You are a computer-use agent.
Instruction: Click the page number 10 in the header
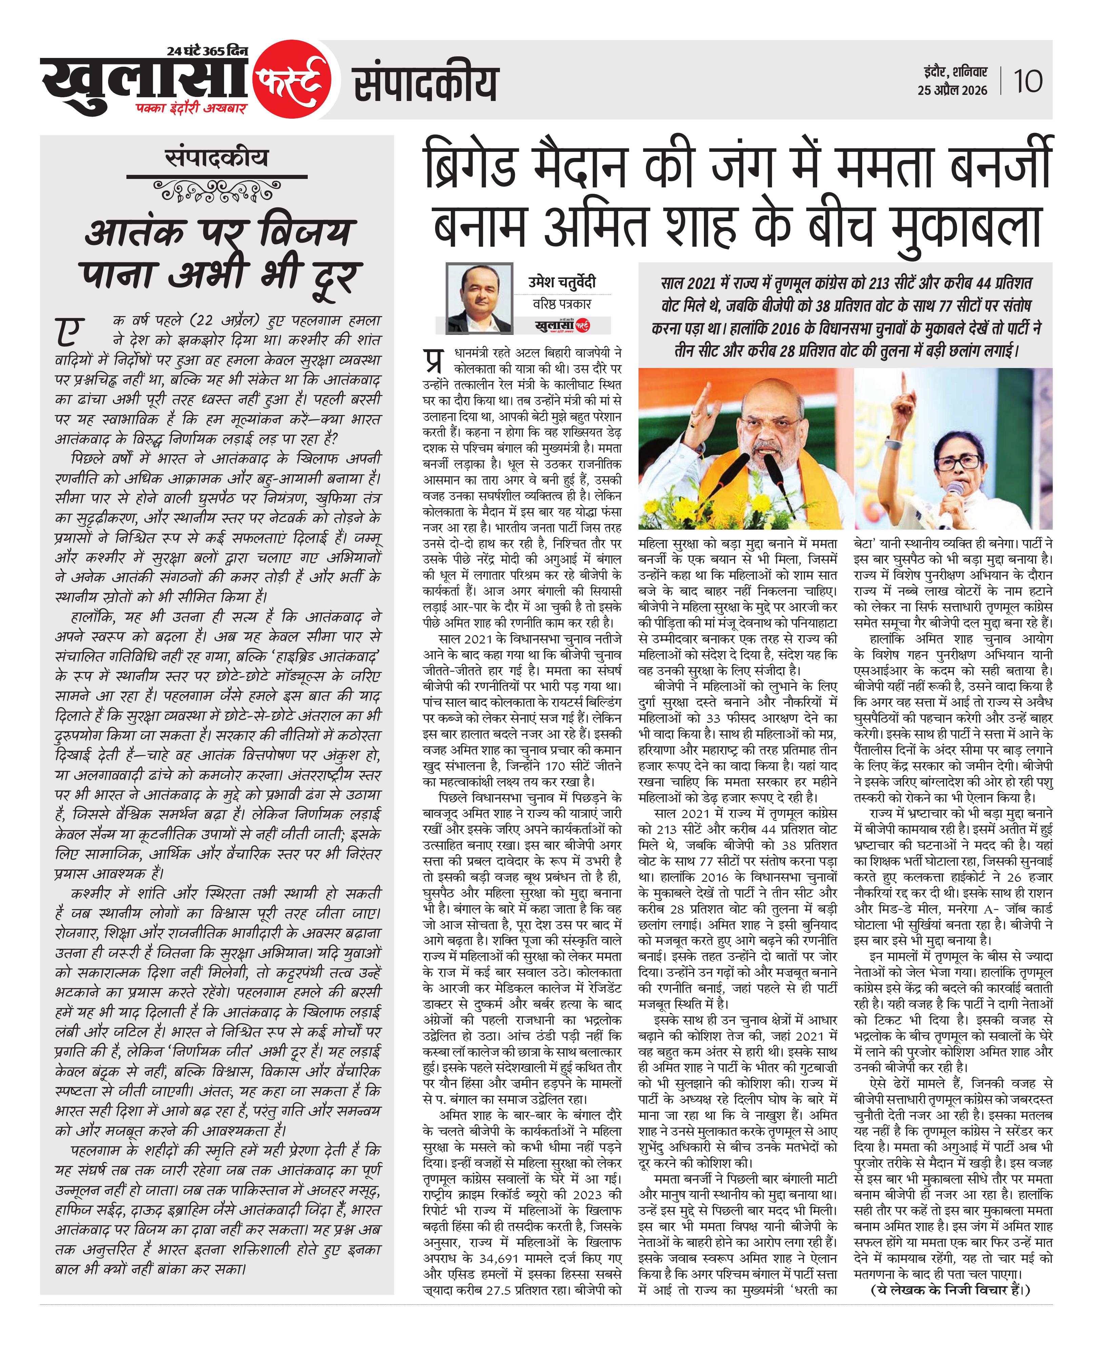click(1028, 81)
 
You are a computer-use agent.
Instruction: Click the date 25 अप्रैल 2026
click(952, 90)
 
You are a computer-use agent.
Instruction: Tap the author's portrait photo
click(479, 297)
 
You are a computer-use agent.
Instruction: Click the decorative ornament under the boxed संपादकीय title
click(217, 188)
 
